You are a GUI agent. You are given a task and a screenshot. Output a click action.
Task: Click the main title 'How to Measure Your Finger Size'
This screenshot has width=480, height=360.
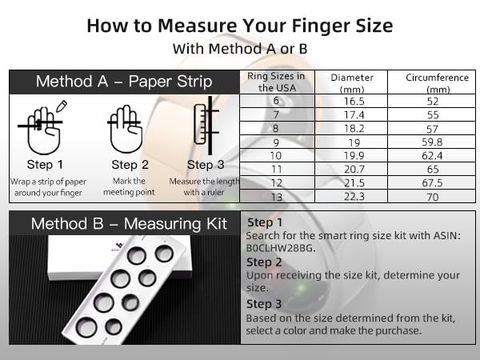(240, 25)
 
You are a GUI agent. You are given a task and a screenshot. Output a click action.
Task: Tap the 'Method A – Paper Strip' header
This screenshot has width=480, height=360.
(123, 82)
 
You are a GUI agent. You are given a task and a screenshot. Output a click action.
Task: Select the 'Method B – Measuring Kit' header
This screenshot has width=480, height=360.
(123, 223)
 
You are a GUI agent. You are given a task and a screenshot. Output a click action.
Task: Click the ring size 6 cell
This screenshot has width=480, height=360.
(277, 102)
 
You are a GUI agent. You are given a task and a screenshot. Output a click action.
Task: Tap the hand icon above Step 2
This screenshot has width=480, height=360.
(124, 128)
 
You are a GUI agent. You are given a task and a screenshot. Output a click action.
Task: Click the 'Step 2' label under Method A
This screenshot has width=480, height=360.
(124, 165)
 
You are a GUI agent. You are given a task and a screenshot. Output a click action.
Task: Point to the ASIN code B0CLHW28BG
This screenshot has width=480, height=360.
(276, 248)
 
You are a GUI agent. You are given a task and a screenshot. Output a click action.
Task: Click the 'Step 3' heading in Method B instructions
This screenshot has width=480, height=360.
(264, 304)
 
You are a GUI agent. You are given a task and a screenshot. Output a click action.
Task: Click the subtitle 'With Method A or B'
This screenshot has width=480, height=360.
(240, 48)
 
